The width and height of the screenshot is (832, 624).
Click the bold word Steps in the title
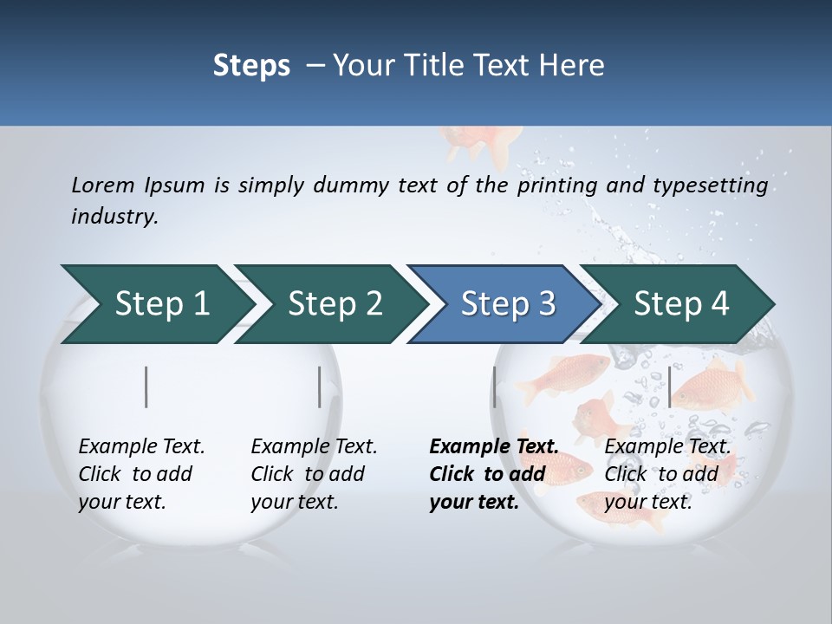click(251, 65)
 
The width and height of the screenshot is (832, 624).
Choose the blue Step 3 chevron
click(508, 304)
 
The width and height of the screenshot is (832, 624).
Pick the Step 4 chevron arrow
click(681, 304)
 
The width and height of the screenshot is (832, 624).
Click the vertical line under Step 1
click(146, 387)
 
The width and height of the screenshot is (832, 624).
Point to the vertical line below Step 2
click(320, 387)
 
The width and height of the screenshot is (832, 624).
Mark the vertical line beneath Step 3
click(494, 387)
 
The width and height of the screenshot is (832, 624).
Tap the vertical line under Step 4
click(669, 387)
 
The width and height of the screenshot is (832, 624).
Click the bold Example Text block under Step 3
click(494, 474)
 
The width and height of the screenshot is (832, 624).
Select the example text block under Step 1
click(141, 474)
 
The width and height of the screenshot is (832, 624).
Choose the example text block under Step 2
click(314, 474)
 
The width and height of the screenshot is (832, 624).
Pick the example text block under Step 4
click(667, 474)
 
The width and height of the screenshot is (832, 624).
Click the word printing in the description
click(555, 185)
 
